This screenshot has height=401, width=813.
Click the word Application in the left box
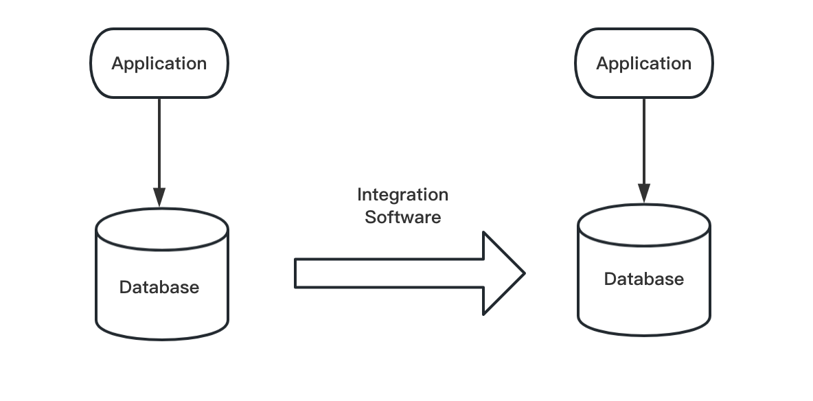pos(159,64)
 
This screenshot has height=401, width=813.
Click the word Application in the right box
pos(643,64)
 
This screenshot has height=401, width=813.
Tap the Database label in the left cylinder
pos(159,287)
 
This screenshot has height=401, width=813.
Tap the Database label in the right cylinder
pos(643,279)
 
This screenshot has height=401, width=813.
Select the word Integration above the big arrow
pos(402,195)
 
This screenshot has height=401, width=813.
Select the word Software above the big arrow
pos(402,218)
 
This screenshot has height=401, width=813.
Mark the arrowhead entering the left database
pos(159,198)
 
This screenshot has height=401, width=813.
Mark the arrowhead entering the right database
pos(643,194)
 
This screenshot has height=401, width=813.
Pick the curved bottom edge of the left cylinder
pos(162,339)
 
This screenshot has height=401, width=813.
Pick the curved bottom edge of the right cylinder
pos(643,335)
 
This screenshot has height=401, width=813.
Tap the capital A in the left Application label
pos(117,64)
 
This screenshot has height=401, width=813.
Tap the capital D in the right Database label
pos(609,279)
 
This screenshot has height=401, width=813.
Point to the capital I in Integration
pos(359,195)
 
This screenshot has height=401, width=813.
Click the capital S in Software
pos(369,218)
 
